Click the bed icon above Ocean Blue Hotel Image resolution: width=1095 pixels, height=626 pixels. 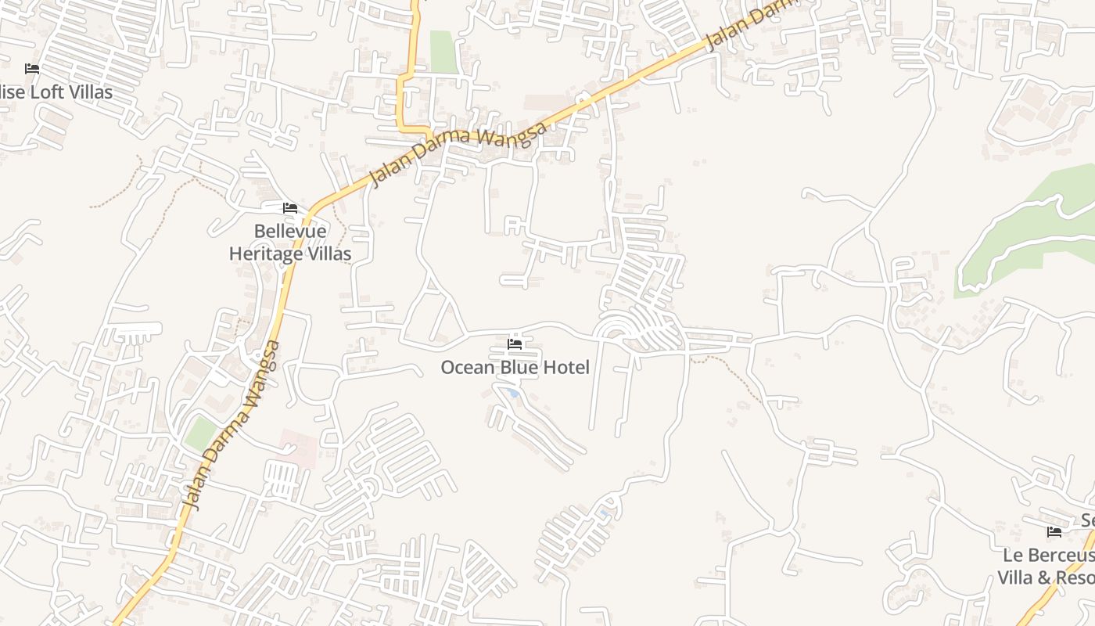515,344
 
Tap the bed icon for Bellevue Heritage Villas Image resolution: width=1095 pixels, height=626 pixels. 290,208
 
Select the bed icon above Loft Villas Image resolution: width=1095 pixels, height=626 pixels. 32,69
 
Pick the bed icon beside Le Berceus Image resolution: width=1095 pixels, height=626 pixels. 1054,532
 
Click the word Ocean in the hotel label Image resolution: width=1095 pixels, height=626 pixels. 466,367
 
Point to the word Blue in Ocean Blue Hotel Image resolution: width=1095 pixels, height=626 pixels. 518,367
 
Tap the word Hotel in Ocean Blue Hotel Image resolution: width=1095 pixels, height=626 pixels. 566,367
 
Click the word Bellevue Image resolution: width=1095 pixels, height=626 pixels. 290,232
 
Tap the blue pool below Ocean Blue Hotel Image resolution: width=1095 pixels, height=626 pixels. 513,393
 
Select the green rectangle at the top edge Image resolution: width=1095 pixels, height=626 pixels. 443,52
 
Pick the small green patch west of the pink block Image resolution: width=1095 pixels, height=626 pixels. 200,433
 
